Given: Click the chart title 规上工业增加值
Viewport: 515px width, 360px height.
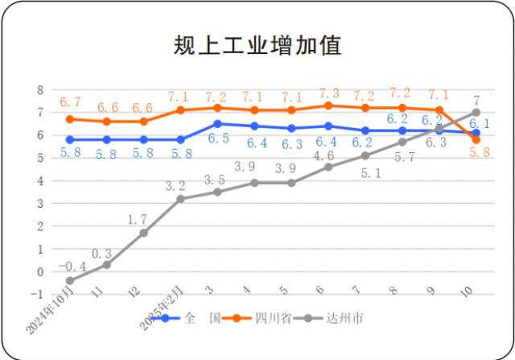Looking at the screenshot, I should (x=258, y=45).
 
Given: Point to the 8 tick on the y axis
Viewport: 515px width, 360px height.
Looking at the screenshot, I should (x=38, y=89).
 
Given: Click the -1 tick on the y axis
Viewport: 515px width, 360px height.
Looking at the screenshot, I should (x=36, y=294).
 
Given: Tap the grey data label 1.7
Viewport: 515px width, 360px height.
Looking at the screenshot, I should (x=138, y=217).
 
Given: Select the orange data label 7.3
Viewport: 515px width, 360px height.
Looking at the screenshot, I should (x=328, y=93).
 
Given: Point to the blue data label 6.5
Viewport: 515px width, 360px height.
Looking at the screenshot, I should (x=217, y=139).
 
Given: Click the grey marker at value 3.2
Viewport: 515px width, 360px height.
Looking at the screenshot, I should (x=181, y=198).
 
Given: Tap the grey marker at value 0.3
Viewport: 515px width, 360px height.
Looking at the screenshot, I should (x=107, y=264).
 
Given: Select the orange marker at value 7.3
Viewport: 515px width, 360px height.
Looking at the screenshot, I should (x=328, y=106).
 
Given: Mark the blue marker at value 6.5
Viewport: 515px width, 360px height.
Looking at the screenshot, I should (x=218, y=124).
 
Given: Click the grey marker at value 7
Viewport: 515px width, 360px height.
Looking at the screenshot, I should (x=476, y=113).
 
